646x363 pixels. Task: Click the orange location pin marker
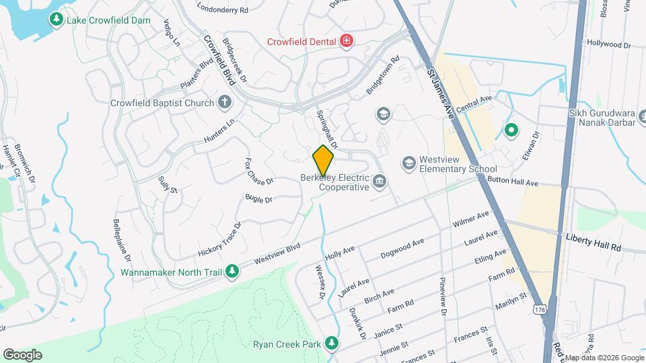click(323, 160)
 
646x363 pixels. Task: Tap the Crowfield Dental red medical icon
click(347, 41)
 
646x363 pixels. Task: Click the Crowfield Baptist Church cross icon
click(224, 103)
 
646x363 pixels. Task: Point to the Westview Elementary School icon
click(408, 163)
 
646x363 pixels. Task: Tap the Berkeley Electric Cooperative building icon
click(380, 180)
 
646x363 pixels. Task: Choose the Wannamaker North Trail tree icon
click(232, 272)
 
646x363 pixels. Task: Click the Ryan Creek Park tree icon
click(330, 344)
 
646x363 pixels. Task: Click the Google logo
click(22, 355)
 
